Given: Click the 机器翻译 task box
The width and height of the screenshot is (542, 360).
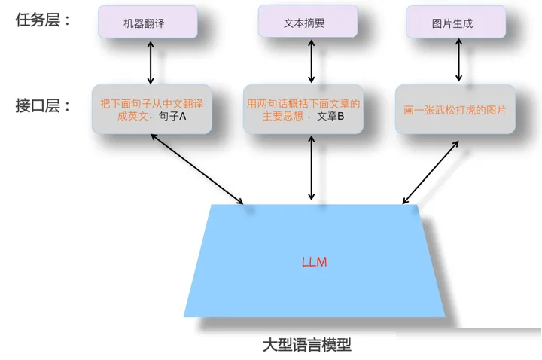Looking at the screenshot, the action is coord(148,22).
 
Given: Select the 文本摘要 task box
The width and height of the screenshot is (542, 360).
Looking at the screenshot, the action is coord(307,21).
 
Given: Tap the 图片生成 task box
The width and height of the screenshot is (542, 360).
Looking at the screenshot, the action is coord(455,22).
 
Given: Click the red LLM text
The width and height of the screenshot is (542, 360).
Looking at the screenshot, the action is coord(314,262).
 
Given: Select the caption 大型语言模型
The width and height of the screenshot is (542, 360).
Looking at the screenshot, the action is coord(307,345).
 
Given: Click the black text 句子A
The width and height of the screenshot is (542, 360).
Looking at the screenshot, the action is coord(172,116).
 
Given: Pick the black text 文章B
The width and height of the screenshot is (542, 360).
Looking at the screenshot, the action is coord(330,116).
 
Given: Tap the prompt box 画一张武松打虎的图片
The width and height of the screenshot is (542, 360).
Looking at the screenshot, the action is coord(455,109).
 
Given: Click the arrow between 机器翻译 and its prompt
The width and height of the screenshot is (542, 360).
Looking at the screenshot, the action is coord(151,63).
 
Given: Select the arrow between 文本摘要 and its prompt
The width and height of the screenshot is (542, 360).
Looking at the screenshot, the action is coord(311,61).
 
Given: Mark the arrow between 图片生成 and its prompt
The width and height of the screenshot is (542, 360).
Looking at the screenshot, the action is coord(458,59).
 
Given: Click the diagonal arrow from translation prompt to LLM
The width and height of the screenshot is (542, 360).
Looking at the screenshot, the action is coord(197,169).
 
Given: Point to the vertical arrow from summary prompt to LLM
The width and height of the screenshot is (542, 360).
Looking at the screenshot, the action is coord(311,168).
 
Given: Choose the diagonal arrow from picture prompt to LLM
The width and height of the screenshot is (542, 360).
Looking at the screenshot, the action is coord(431,172).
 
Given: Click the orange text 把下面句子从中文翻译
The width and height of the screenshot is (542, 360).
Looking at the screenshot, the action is coord(152,104).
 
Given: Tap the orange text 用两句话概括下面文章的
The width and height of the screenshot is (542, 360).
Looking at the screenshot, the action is coord(303,104).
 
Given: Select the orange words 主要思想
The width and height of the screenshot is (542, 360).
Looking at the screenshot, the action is coord(283,116).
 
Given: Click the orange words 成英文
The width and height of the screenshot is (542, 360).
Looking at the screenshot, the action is coord(132,116).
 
